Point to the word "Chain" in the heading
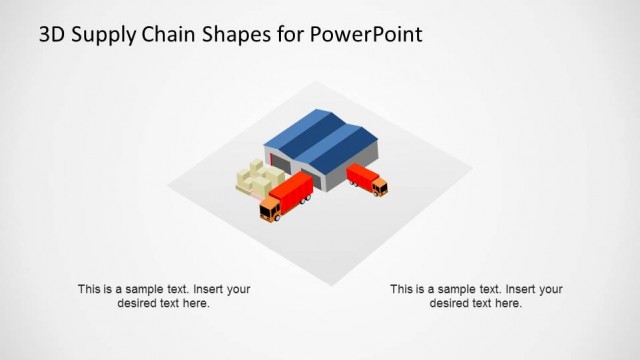click(170, 35)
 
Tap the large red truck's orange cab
click(270, 209)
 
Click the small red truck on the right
click(365, 179)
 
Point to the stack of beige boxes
click(258, 179)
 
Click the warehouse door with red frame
click(281, 165)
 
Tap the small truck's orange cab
click(380, 186)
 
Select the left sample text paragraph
click(164, 296)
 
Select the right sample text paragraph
click(476, 296)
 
